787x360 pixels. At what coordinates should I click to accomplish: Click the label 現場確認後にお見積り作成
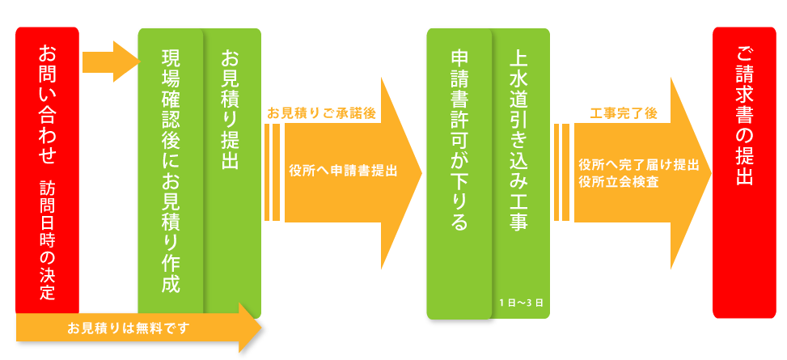coord(171,171)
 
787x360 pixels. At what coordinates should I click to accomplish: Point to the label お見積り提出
coord(230,110)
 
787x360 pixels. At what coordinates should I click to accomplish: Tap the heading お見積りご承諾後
coord(321,113)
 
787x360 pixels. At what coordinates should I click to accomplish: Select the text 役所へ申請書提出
coord(343,171)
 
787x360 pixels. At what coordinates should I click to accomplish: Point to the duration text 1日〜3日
coord(521,303)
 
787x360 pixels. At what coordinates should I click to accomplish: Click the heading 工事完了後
coord(623,113)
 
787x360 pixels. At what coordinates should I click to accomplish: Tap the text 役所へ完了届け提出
coord(639,164)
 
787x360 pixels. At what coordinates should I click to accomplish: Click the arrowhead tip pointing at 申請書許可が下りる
coord(420,172)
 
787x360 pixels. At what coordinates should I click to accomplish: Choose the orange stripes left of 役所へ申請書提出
coord(273,172)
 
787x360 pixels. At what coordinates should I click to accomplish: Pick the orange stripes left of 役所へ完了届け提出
coord(562,172)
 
